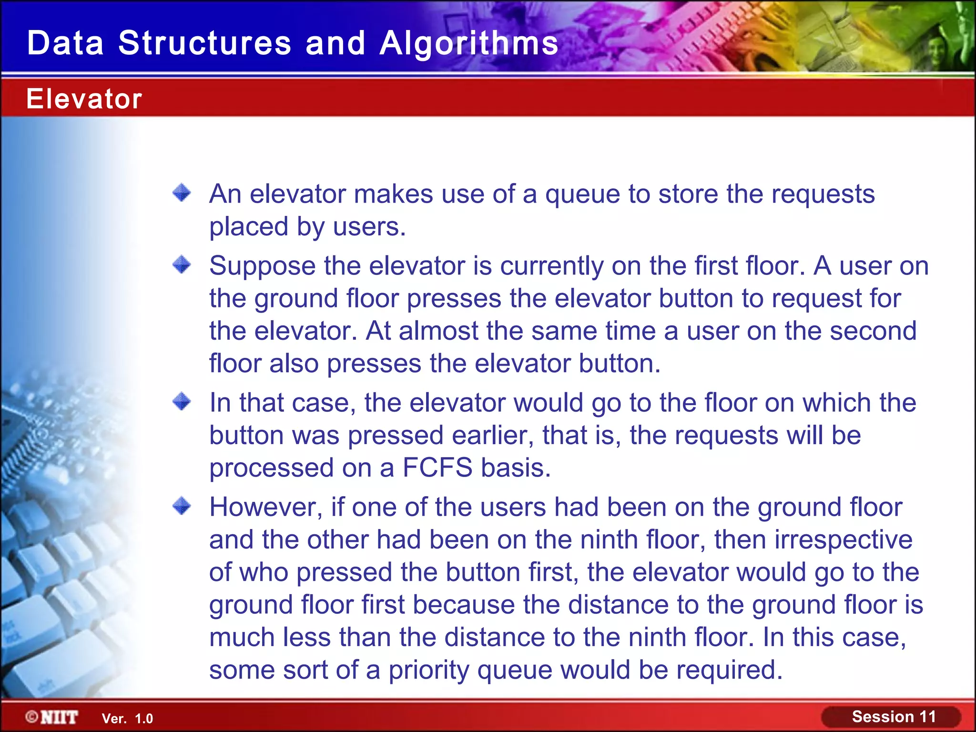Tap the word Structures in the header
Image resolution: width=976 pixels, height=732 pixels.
(204, 43)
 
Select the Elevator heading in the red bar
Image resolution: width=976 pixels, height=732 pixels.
(84, 99)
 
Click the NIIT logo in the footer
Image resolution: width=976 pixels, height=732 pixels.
(52, 717)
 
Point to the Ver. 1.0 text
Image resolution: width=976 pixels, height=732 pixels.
(127, 719)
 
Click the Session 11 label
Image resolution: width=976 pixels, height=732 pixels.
(894, 717)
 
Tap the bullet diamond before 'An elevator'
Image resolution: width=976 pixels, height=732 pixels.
(182, 193)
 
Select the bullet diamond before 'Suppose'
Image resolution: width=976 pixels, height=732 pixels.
(182, 264)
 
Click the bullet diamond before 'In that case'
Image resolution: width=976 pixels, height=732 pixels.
(182, 402)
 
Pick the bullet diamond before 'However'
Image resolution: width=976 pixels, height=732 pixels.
(182, 506)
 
